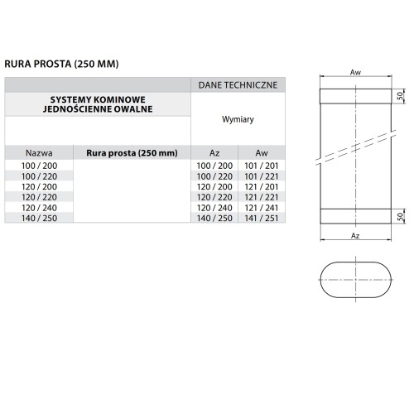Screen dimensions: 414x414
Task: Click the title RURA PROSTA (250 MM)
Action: [61, 64]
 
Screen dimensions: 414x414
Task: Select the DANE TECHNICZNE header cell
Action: [238, 85]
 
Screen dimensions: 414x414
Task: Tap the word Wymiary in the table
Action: [238, 119]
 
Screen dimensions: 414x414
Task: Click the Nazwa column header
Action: [39, 152]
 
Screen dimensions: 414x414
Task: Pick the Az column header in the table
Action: [214, 152]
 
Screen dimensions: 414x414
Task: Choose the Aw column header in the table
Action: [262, 152]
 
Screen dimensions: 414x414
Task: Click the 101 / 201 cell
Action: [262, 166]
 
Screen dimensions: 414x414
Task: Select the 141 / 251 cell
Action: [262, 218]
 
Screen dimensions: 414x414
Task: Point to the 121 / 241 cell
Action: [262, 208]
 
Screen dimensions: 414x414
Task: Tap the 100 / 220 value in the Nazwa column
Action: [39, 176]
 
